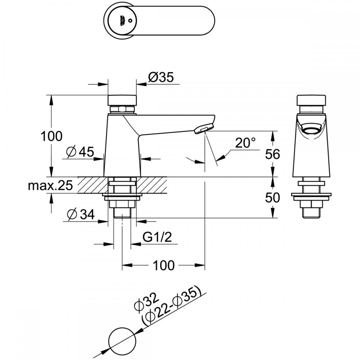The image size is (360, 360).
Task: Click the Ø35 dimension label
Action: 161,77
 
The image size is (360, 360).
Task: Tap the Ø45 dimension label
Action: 80,152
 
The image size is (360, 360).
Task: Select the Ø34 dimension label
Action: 81,215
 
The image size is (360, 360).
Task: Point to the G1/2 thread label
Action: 157,237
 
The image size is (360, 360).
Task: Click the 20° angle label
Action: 245,143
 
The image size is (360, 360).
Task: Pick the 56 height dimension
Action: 273,154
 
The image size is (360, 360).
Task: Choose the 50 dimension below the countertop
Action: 273,197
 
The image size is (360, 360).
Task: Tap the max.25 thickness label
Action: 50,185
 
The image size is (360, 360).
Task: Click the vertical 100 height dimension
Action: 51,136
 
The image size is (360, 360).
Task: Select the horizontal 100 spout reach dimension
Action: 164,265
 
